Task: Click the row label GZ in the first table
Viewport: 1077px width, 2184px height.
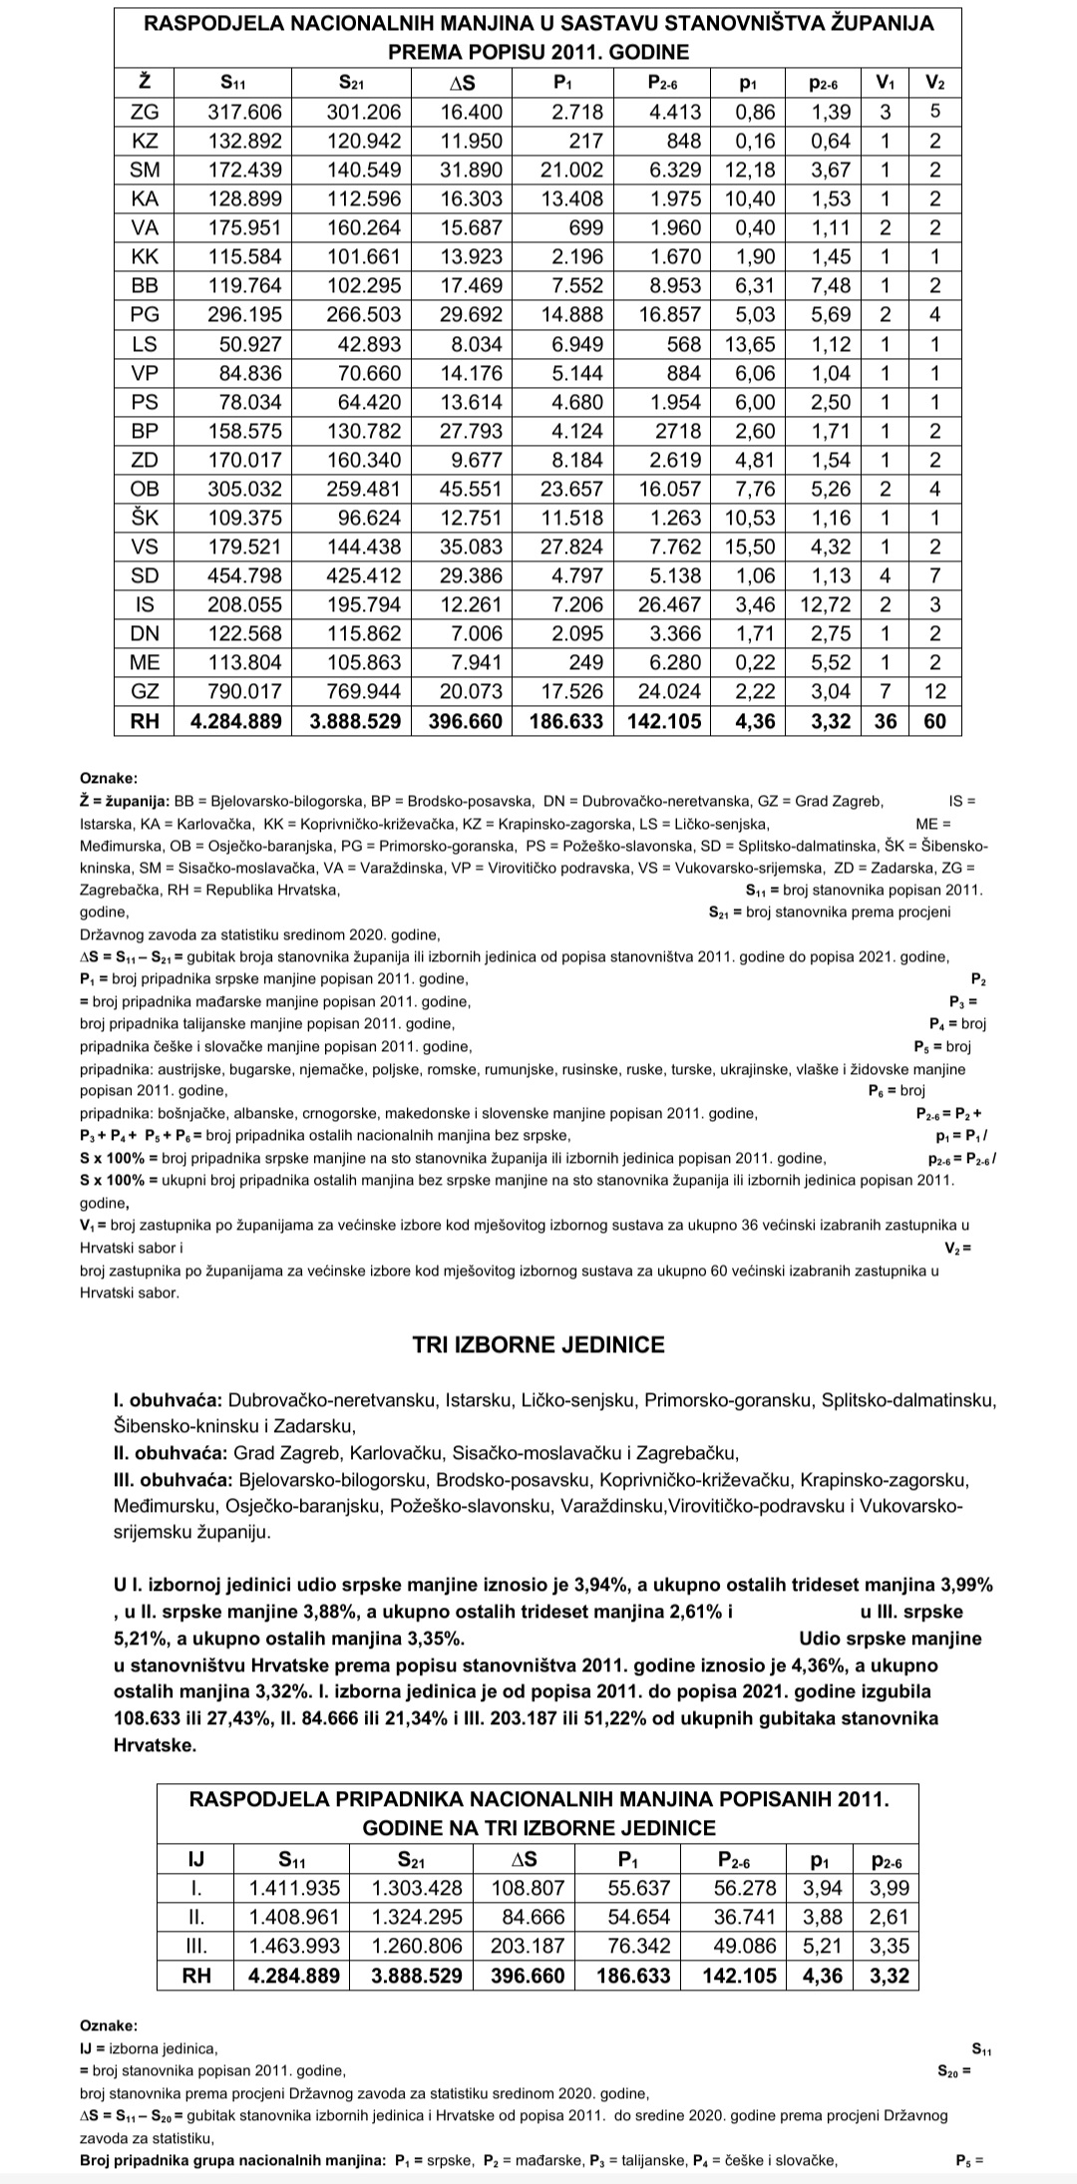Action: (x=146, y=691)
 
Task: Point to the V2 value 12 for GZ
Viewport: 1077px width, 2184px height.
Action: (x=934, y=691)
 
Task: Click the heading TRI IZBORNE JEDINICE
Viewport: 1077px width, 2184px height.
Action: (x=538, y=1344)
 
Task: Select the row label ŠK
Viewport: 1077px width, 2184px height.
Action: (x=146, y=518)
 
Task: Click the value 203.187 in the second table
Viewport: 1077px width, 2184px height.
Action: (x=527, y=1946)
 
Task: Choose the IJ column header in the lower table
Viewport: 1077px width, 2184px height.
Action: (x=196, y=1859)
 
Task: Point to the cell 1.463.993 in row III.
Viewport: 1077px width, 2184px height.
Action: (x=294, y=1946)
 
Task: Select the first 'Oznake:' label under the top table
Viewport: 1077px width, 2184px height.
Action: (x=109, y=778)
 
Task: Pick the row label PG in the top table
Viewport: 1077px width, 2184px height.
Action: (x=146, y=315)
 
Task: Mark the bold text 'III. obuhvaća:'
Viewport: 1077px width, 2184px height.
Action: (x=173, y=1480)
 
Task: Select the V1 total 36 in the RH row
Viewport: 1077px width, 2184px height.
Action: (x=885, y=720)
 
